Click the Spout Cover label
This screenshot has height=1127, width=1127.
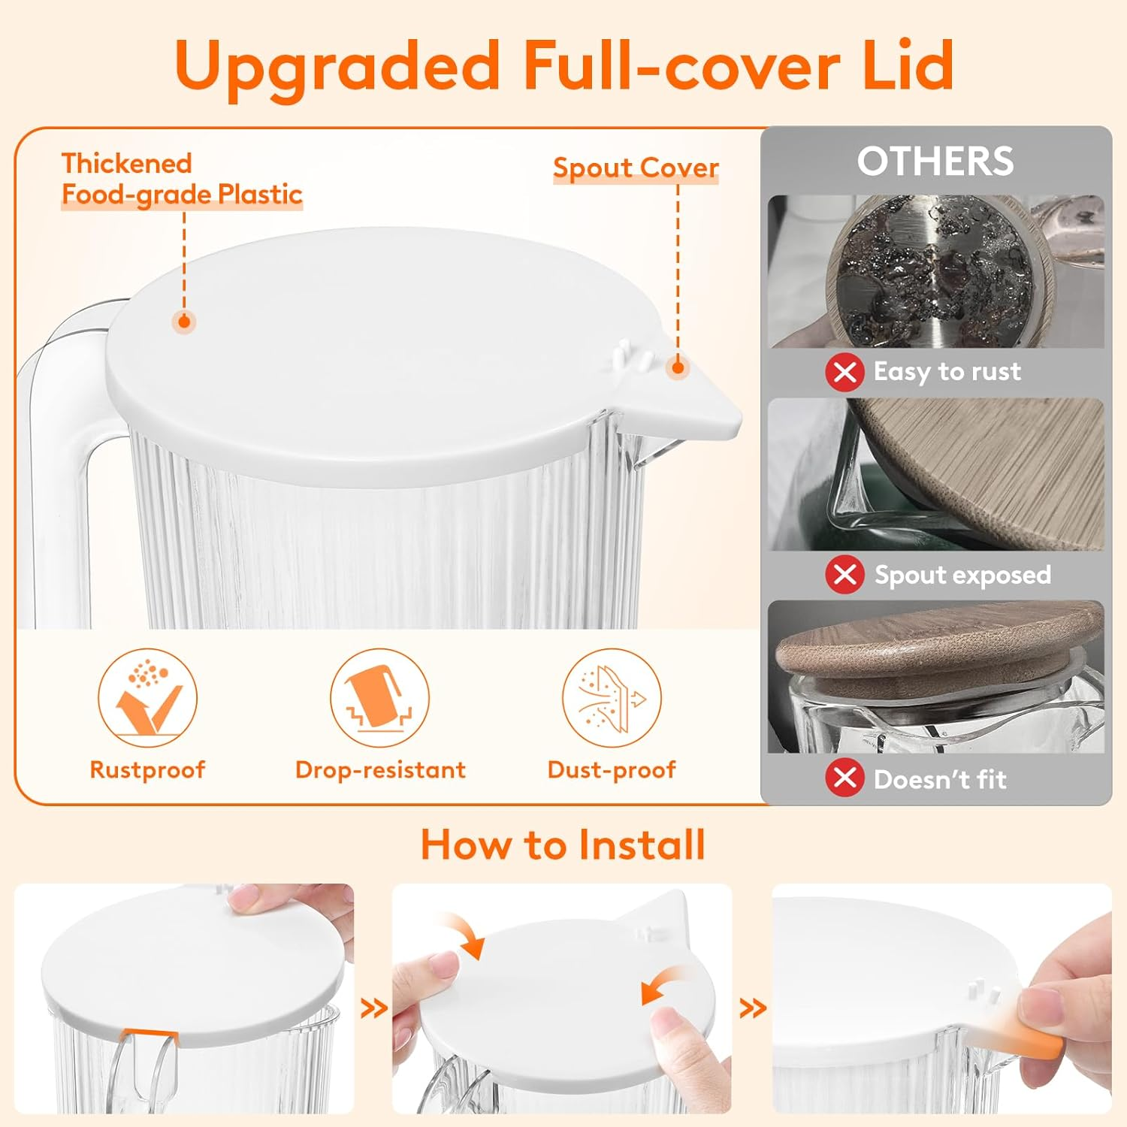pos(636,168)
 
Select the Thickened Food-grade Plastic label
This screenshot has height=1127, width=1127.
pos(181,179)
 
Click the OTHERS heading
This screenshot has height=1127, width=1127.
pos(935,161)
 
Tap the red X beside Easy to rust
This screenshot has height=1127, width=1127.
pos(844,372)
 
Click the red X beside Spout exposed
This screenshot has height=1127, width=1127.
pos(844,575)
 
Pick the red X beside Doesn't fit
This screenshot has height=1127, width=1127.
pos(844,778)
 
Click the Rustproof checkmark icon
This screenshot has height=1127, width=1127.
pos(147,697)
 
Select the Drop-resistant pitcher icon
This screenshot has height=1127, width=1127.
pos(379,697)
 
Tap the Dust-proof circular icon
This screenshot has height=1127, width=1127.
pos(612,697)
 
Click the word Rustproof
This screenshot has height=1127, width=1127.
pos(147,769)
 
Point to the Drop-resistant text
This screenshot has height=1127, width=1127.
pos(380,769)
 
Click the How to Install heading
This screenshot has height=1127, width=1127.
pos(563,844)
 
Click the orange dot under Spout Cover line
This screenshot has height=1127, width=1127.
pos(678,367)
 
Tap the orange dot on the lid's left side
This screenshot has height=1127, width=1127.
pos(184,322)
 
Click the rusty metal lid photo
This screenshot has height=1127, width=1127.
pos(935,271)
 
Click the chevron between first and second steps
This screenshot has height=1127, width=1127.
pos(373,1008)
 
